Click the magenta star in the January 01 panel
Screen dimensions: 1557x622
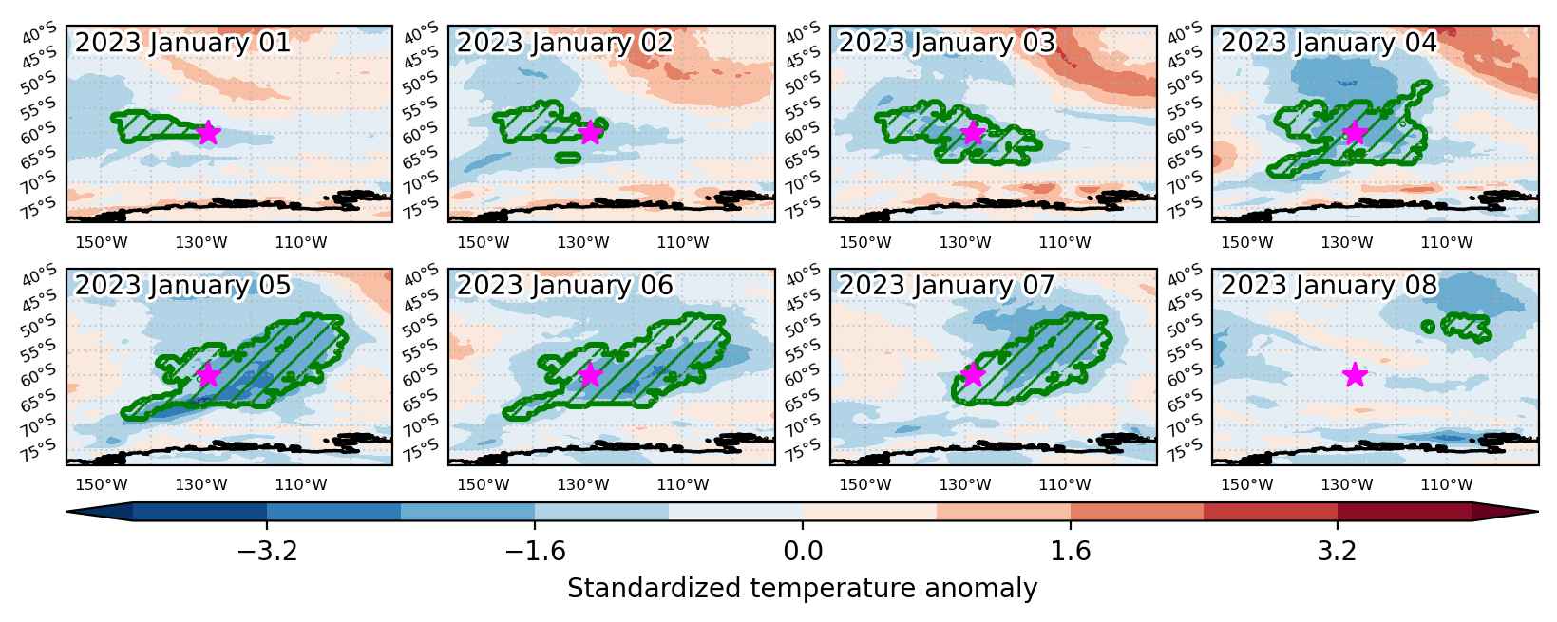[x=209, y=132]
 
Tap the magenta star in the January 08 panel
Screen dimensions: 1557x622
[x=1355, y=375]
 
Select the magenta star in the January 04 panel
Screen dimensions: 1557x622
[x=1355, y=132]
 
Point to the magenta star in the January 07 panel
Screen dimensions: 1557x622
[x=973, y=375]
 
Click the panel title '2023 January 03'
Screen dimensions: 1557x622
[x=947, y=43]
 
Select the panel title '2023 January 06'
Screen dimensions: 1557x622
[x=564, y=286]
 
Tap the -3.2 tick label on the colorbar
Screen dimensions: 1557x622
[x=268, y=551]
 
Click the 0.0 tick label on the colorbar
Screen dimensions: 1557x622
[x=803, y=551]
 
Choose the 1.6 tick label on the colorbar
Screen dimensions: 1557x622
[x=1071, y=551]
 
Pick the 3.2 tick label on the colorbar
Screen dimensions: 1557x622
[x=1338, y=551]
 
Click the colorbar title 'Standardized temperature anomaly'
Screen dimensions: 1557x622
[x=802, y=589]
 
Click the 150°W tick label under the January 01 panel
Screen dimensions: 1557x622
[x=102, y=242]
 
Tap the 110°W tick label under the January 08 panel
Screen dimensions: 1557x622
[x=1447, y=484]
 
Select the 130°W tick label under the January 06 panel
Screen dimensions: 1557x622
[x=583, y=484]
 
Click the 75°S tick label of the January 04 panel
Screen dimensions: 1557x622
[x=1185, y=207]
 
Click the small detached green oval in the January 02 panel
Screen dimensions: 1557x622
[x=568, y=159]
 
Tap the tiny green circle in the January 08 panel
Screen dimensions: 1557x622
[x=1429, y=327]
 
